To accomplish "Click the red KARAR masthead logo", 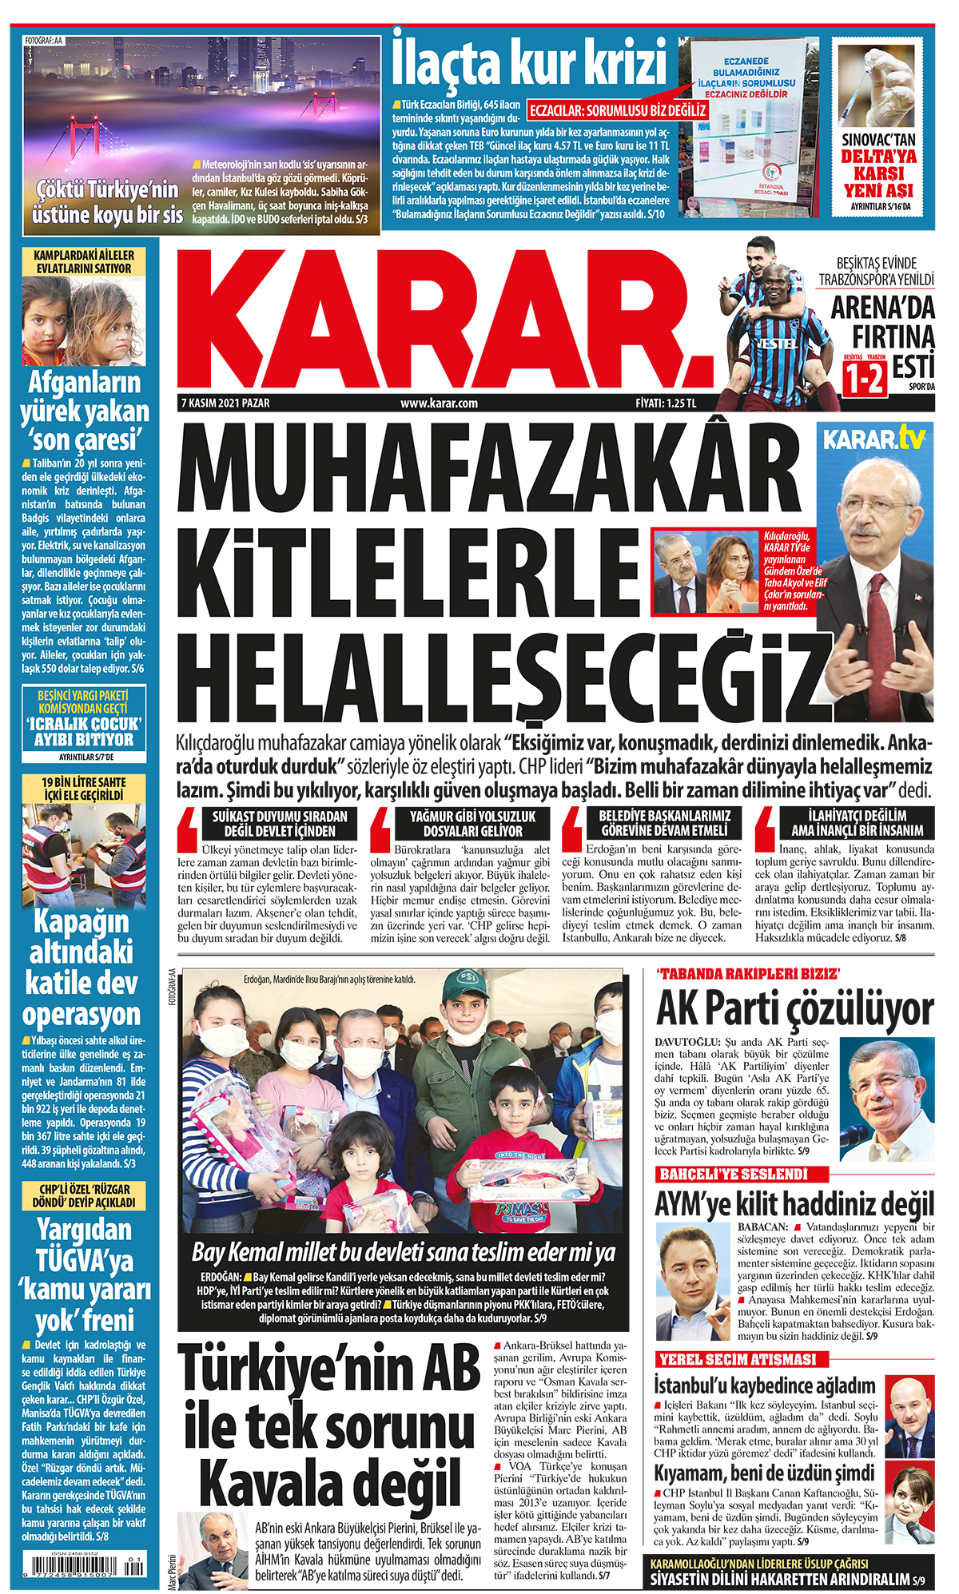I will [448, 320].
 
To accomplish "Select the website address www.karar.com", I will [439, 403].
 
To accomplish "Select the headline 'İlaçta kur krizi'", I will [529, 61].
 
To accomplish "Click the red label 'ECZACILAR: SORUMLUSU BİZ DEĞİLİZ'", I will [618, 110].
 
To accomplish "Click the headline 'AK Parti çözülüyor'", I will [794, 1010].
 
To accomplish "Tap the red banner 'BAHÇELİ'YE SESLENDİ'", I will [734, 1174].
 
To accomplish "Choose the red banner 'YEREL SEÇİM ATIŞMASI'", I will [738, 1359].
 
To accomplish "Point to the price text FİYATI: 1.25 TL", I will [666, 403].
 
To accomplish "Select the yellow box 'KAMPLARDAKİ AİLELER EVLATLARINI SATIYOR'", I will [84, 261].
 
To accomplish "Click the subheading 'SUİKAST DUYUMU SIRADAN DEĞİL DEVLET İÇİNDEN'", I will [279, 823].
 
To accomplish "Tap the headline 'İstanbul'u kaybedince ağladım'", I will [765, 1385].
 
